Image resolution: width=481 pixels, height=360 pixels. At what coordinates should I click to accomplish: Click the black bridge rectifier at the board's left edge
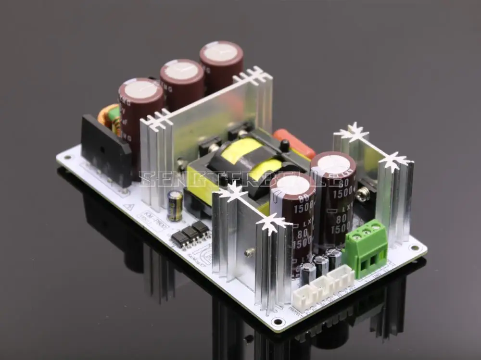(x=106, y=149)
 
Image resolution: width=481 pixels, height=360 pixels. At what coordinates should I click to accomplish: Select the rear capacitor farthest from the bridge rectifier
(x=221, y=53)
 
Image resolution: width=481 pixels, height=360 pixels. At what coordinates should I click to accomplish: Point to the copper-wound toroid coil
(x=109, y=118)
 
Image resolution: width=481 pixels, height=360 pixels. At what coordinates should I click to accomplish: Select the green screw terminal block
(x=371, y=248)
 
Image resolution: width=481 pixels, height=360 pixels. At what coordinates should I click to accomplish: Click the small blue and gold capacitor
(x=175, y=205)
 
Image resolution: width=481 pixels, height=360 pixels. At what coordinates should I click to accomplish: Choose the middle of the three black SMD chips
(x=190, y=233)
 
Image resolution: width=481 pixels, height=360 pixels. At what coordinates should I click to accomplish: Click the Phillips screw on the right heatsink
(x=365, y=194)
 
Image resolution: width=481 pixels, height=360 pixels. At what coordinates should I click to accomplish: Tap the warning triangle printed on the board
(x=128, y=207)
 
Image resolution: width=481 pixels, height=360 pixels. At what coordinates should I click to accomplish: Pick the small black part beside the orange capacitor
(x=285, y=144)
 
